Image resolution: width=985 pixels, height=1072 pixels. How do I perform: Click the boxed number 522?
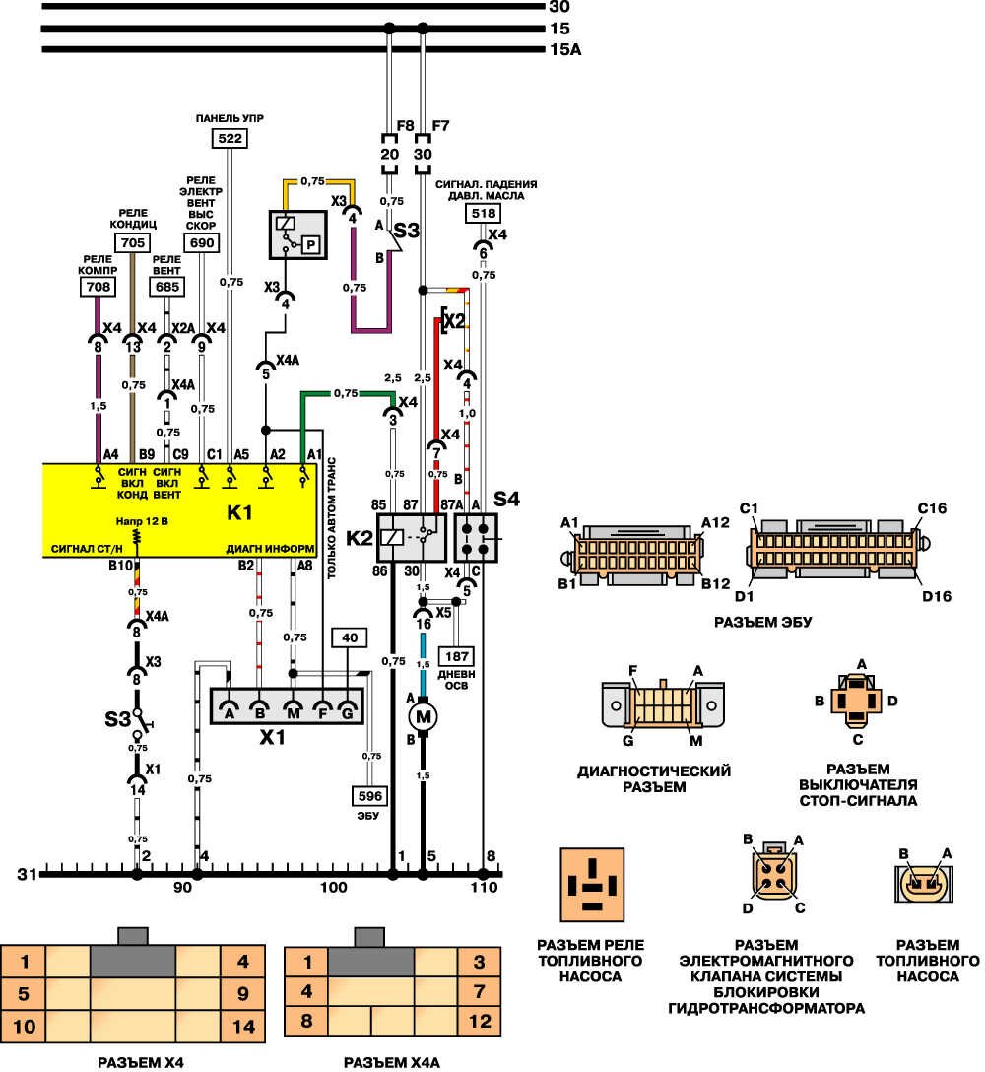(x=230, y=139)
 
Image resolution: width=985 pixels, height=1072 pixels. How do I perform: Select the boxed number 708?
(x=97, y=287)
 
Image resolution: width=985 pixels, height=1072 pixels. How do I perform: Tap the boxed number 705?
(x=132, y=242)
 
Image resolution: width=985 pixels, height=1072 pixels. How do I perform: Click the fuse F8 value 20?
(x=389, y=155)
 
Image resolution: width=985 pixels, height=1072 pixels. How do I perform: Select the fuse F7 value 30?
(x=423, y=155)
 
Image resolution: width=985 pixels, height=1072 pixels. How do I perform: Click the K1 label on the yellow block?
(x=241, y=513)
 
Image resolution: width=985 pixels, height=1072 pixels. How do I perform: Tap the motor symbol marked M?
(x=425, y=717)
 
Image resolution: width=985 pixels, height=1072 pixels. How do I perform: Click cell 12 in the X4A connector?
(x=481, y=1022)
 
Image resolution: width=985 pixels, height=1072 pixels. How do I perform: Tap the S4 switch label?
(x=506, y=500)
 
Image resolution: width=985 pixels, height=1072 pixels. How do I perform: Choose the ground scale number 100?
(x=334, y=888)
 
